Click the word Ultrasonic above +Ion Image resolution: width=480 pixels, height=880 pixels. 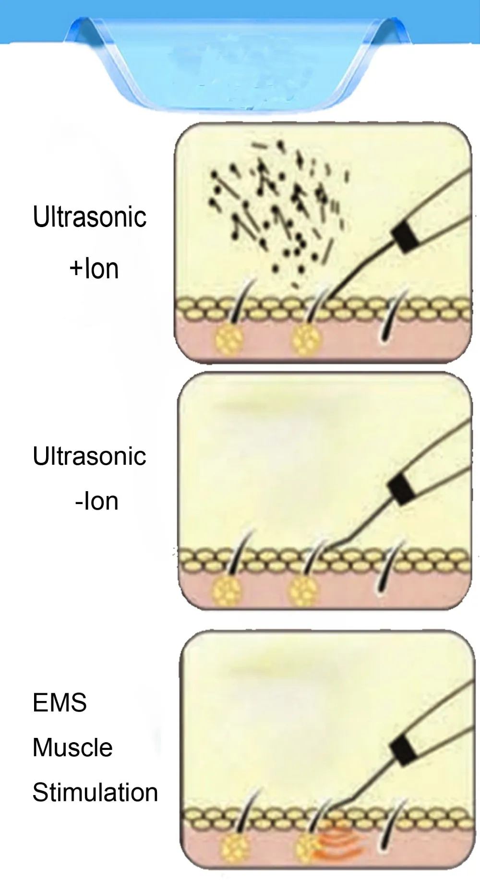point(89,217)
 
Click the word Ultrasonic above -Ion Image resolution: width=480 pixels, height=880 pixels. point(89,456)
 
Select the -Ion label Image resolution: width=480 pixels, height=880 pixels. point(96,501)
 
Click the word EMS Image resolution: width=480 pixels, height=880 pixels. point(60,702)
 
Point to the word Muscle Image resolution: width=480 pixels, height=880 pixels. point(72,747)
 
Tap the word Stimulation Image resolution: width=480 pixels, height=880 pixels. point(95,793)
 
